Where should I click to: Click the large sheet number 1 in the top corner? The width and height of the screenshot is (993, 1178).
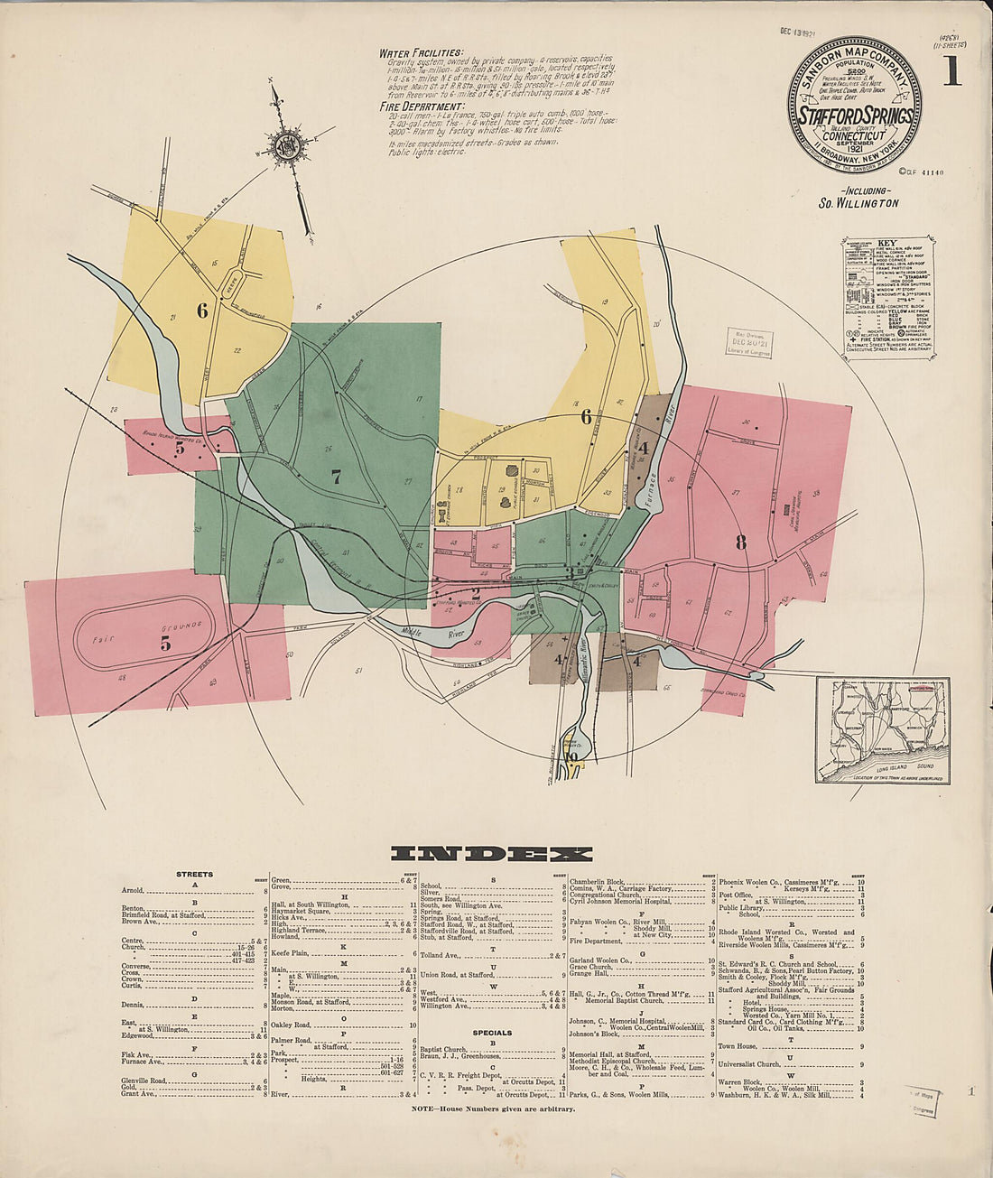(x=951, y=70)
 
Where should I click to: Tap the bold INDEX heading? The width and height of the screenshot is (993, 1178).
(x=491, y=854)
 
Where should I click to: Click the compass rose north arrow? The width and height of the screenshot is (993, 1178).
(x=287, y=144)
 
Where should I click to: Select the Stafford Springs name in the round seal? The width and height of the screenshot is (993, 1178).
(x=855, y=116)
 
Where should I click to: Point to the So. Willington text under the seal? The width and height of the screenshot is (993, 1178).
(x=858, y=203)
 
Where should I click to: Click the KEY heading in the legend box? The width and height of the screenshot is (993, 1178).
(x=888, y=244)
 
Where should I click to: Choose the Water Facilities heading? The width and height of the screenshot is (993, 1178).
(x=422, y=53)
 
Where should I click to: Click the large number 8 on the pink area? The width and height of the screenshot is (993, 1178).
(x=741, y=543)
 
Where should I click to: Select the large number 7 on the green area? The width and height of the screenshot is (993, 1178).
(x=336, y=478)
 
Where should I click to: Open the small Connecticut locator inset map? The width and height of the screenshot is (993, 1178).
(x=883, y=729)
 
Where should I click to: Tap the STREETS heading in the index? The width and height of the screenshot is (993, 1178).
(x=195, y=874)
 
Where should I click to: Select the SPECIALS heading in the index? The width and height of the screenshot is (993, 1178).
(x=492, y=1033)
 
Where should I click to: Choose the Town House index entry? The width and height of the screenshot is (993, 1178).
(x=738, y=1046)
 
